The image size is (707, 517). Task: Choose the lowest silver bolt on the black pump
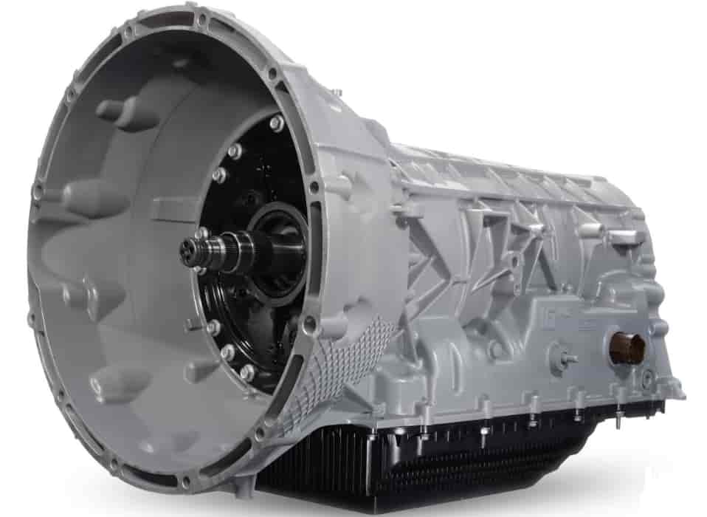(x=247, y=372)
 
